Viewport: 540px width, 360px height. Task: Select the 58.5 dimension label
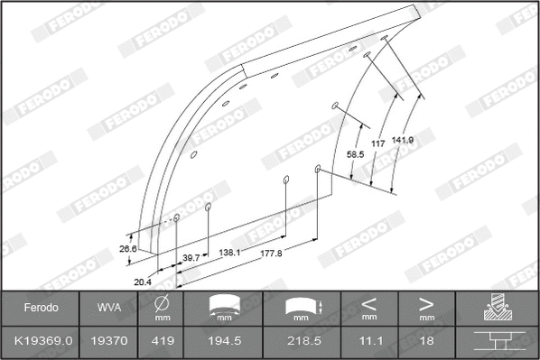pos(355,155)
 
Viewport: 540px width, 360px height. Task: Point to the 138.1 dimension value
pos(230,254)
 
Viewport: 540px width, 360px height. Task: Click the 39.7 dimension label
pos(191,258)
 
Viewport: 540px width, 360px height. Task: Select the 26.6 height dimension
pos(126,250)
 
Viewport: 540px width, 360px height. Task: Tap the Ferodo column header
pos(41,308)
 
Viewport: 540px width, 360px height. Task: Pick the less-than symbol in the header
pos(368,302)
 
